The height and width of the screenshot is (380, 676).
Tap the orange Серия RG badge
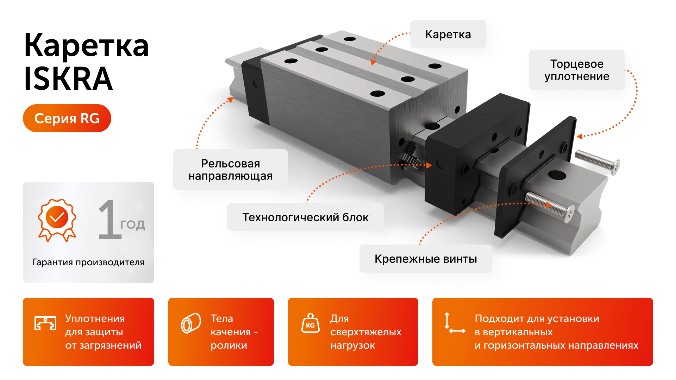pyautogui.click(x=67, y=118)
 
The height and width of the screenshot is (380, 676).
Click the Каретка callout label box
pyautogui.click(x=448, y=34)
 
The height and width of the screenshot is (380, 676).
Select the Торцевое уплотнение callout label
pyautogui.click(x=576, y=70)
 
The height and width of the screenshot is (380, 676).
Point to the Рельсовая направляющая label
pyautogui.click(x=230, y=170)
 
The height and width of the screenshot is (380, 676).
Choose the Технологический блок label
pyautogui.click(x=305, y=217)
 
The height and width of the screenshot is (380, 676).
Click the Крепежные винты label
pyautogui.click(x=425, y=259)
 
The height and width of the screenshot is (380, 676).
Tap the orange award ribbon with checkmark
pyautogui.click(x=57, y=219)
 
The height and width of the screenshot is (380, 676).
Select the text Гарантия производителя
pyautogui.click(x=88, y=262)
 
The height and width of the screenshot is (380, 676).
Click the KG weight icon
pyautogui.click(x=310, y=323)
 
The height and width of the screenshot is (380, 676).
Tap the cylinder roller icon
pyautogui.click(x=191, y=323)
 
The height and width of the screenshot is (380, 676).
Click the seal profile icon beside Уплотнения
pyautogui.click(x=45, y=323)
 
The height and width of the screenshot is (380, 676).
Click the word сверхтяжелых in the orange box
pyautogui.click(x=365, y=332)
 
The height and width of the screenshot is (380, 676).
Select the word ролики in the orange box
pyautogui.click(x=229, y=346)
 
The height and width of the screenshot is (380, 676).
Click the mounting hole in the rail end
pyautogui.click(x=557, y=175)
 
